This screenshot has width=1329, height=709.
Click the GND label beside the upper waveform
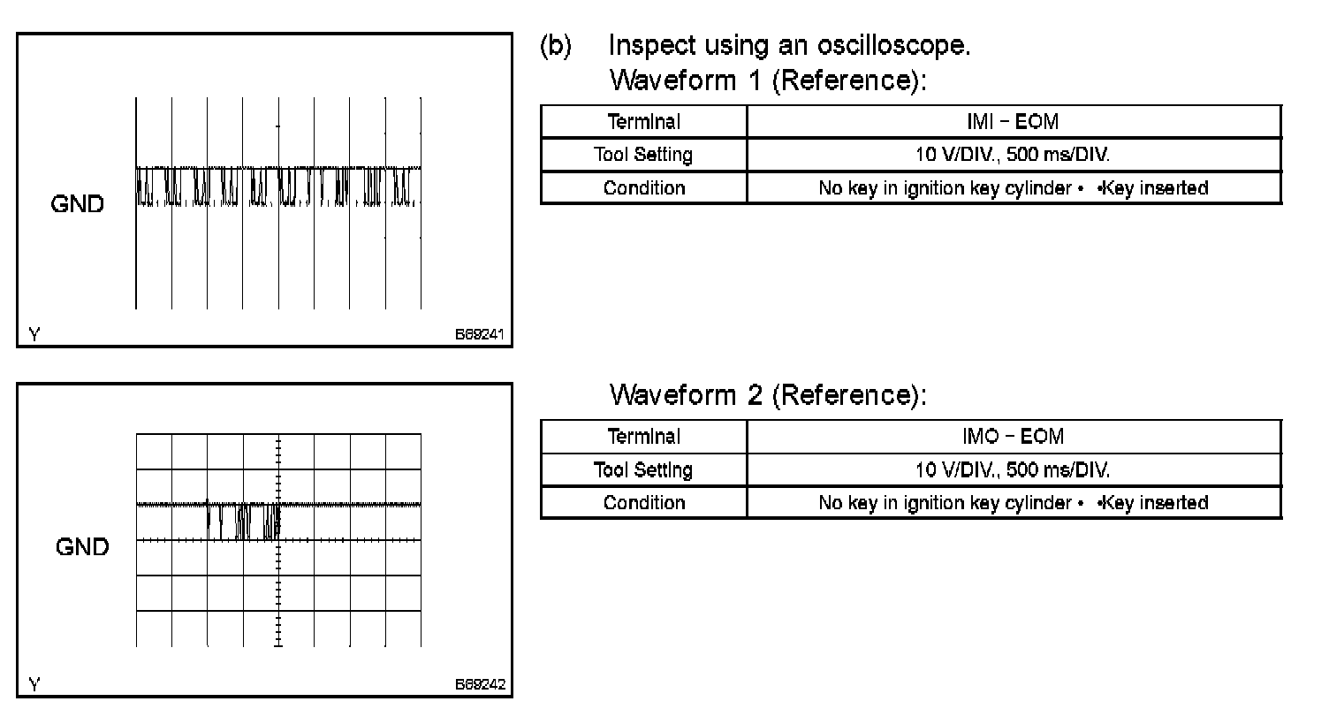[x=78, y=204]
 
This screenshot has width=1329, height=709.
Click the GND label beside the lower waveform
[x=82, y=547]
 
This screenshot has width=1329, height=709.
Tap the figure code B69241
[x=481, y=335]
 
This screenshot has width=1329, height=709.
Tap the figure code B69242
[x=481, y=684]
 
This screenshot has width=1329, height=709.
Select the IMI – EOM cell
[x=1013, y=122]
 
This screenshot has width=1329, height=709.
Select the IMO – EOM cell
[x=1013, y=436]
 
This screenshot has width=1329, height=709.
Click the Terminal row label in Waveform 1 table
[x=643, y=122]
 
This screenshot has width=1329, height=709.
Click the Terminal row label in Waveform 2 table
[x=643, y=436]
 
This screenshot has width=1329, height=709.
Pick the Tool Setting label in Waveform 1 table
[x=643, y=155]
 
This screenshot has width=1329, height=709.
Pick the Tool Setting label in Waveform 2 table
[x=643, y=469]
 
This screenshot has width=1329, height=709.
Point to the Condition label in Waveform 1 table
[x=643, y=187]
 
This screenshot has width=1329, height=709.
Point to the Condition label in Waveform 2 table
[x=643, y=502]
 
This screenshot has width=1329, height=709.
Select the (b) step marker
[x=556, y=45]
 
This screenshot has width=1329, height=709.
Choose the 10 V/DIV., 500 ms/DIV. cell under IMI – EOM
[x=1013, y=155]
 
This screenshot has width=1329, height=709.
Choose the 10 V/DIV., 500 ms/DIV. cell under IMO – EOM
[x=1013, y=469]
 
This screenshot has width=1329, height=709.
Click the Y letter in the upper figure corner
[x=34, y=335]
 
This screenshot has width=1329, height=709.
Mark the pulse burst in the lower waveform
[x=244, y=520]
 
